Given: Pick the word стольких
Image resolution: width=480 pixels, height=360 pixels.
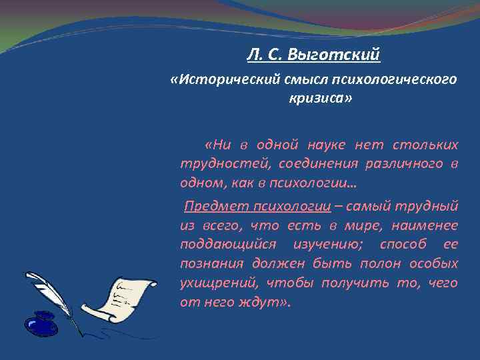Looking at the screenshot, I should point(427,145).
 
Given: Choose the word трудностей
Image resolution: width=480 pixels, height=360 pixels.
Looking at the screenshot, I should point(215,163).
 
